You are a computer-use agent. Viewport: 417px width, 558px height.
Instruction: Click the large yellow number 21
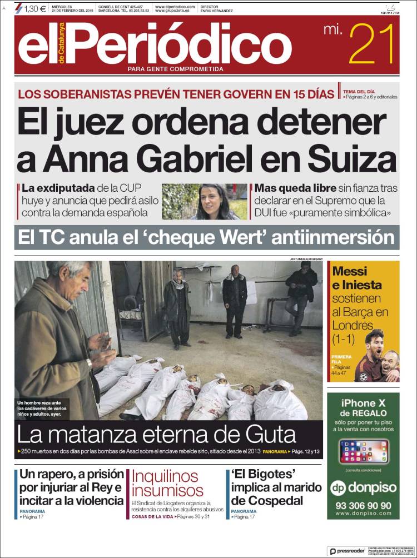point(372,45)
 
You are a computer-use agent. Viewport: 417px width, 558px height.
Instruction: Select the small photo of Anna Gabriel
point(204,202)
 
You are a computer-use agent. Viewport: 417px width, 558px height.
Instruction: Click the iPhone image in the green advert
point(364,451)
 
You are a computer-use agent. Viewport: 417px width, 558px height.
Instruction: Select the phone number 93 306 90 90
point(363,506)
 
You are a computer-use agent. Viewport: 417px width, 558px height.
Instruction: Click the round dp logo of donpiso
point(339,487)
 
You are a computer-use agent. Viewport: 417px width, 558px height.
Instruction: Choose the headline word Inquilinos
point(165,476)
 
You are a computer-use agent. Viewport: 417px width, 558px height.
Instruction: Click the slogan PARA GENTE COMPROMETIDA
point(175,69)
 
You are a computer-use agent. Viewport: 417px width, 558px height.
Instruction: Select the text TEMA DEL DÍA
point(359,91)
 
